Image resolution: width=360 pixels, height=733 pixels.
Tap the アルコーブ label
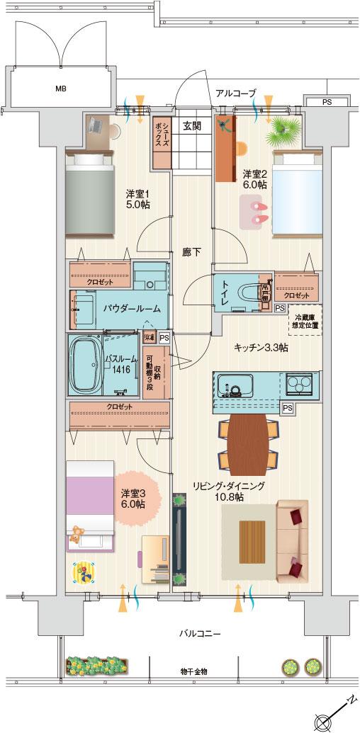click(236, 92)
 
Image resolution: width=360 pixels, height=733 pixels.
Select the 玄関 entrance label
click(191, 126)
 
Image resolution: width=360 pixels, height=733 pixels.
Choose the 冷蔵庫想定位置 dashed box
click(303, 320)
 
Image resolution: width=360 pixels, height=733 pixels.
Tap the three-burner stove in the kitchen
click(302, 385)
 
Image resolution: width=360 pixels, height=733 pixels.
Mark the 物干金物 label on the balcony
click(193, 671)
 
